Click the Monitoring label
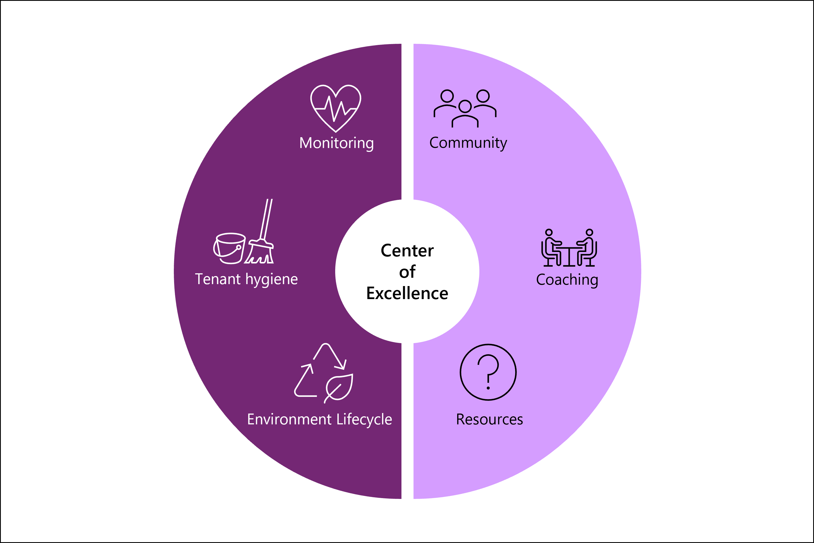click(x=336, y=143)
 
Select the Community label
click(x=468, y=143)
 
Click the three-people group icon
click(x=465, y=108)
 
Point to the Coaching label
click(x=567, y=280)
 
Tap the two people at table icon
click(x=569, y=248)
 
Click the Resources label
click(x=489, y=419)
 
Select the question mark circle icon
click(x=488, y=372)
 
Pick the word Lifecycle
click(x=364, y=419)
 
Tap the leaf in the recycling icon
click(x=339, y=388)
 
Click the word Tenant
click(x=218, y=279)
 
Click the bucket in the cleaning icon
click(x=229, y=248)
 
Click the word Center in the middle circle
click(x=407, y=250)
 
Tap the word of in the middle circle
click(x=407, y=272)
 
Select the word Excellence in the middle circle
click(x=407, y=293)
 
